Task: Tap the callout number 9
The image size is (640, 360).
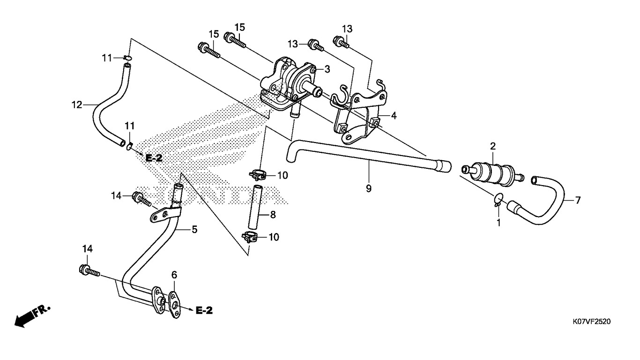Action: coord(369,188)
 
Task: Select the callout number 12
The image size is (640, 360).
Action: coord(76,105)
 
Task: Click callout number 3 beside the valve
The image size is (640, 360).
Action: coord(327,69)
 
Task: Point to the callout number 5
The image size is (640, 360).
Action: coord(194,229)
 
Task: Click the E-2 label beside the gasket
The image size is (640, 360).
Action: coord(204,310)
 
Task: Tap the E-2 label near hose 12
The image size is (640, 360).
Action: coord(154,158)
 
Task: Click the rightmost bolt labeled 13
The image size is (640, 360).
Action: coord(341,42)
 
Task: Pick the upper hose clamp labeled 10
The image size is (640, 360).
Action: coord(257,174)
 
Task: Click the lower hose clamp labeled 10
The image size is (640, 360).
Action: coord(249,237)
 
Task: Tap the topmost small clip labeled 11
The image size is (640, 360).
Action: coord(128,58)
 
